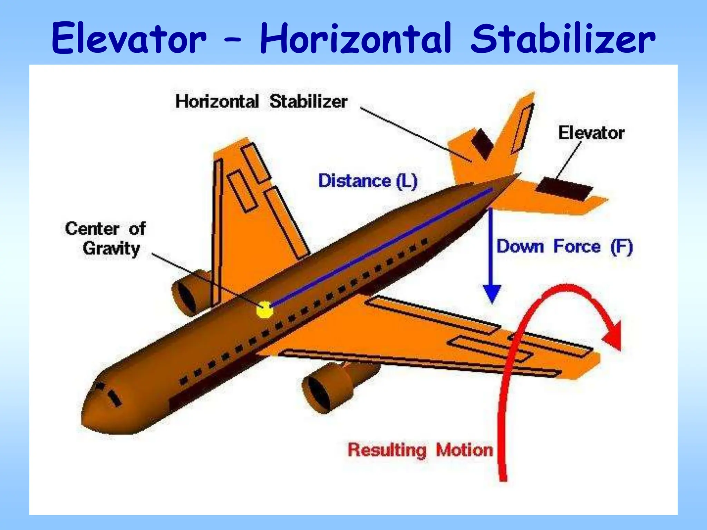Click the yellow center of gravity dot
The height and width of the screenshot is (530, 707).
(x=265, y=310)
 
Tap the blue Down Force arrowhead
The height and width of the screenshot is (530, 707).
(x=492, y=293)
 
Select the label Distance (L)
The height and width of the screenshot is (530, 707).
(x=368, y=181)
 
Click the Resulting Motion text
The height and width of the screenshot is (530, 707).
(x=420, y=450)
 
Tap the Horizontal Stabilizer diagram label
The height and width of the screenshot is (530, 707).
(x=261, y=101)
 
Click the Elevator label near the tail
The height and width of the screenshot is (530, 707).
(x=591, y=133)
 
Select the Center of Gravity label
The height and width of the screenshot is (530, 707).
(x=105, y=238)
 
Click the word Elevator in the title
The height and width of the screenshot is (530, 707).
(x=129, y=38)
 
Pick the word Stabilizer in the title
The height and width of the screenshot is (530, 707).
(x=563, y=38)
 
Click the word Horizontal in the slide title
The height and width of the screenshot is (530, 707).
(x=356, y=38)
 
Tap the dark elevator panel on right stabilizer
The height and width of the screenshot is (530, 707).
(x=564, y=189)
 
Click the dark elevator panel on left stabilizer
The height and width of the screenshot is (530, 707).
(x=482, y=144)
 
